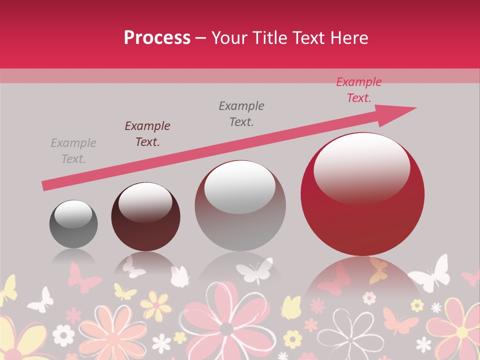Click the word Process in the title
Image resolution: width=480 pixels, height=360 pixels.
157,37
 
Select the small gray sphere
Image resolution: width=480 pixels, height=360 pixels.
73,223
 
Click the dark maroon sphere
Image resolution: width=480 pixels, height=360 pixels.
145,216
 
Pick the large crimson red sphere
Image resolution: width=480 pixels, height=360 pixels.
362,194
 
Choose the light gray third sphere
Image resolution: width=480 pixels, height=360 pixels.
240,205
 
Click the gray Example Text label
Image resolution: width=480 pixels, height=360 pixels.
73,151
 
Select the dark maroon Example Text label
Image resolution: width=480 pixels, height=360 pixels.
147,134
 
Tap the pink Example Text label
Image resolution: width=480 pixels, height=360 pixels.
359,90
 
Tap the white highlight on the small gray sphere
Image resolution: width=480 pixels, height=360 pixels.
73,214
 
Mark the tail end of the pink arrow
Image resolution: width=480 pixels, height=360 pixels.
45,186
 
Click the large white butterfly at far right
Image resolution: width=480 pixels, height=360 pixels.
429,274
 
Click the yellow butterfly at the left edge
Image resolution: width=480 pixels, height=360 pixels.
7,290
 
